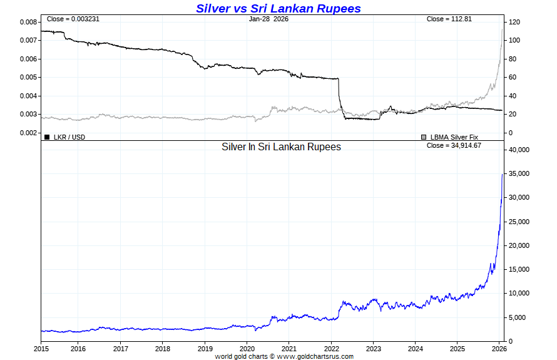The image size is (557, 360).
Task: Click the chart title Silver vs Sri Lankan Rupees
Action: (278, 8)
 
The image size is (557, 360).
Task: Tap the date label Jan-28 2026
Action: (268, 19)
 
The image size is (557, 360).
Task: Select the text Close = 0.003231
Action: (73, 19)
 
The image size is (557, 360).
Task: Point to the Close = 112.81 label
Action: (449, 19)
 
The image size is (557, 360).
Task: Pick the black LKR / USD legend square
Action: (47, 136)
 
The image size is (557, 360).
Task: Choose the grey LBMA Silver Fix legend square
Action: (424, 136)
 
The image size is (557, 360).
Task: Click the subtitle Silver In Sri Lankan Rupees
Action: (281, 147)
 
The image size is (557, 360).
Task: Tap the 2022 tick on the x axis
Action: (331, 348)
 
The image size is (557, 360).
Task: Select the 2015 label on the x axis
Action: (41, 348)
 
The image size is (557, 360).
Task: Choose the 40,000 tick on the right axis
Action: (519, 150)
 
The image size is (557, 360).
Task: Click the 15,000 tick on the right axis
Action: (519, 269)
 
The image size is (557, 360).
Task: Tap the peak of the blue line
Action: (503, 174)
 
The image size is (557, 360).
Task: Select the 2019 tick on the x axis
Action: (205, 348)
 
